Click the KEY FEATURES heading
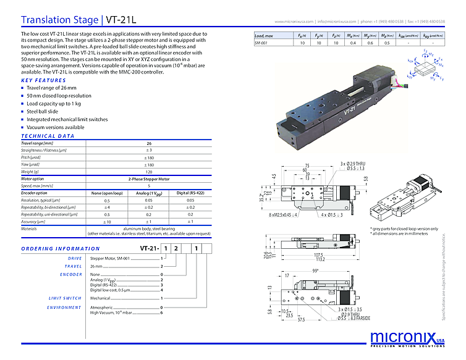(x=43, y=80)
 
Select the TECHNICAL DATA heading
(x=48, y=136)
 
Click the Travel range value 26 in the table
(x=148, y=143)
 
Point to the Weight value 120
(x=148, y=172)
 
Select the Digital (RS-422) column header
(x=190, y=193)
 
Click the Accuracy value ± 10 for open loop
(x=107, y=221)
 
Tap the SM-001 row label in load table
(x=262, y=44)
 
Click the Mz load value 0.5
(x=386, y=44)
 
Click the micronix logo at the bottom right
(x=405, y=338)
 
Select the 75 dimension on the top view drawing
(x=307, y=165)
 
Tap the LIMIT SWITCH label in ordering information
(x=65, y=298)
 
